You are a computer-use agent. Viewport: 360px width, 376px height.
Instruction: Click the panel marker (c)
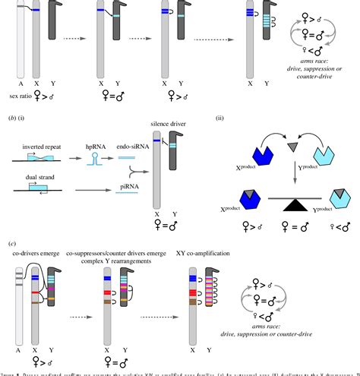(8, 242)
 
